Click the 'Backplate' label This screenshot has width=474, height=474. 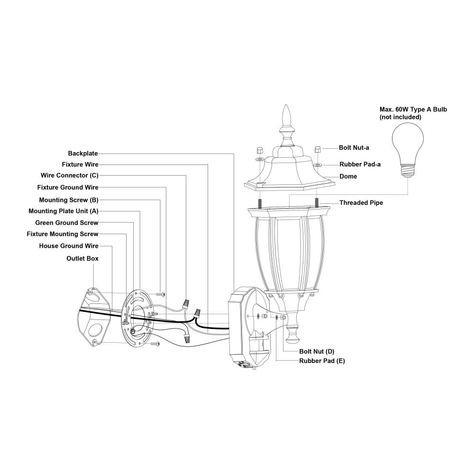[x=83, y=154]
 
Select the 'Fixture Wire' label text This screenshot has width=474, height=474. [x=80, y=164]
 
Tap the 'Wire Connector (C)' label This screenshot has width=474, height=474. [x=70, y=175]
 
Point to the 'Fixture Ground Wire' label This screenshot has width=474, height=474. [x=68, y=187]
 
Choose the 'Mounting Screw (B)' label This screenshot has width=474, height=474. [x=69, y=200]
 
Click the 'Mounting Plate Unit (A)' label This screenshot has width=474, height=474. [x=64, y=211]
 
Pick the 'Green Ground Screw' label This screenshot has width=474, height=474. [x=67, y=223]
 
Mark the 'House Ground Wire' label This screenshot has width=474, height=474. [x=69, y=246]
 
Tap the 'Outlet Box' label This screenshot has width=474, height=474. [x=82, y=258]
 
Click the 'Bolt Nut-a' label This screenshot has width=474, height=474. [x=354, y=148]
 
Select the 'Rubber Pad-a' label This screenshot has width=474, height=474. [x=360, y=164]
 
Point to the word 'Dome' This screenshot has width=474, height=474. [x=348, y=176]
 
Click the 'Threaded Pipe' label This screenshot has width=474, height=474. [x=361, y=203]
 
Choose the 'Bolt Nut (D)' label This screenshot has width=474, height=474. [x=317, y=352]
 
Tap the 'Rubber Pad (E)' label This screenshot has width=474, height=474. [x=322, y=361]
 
